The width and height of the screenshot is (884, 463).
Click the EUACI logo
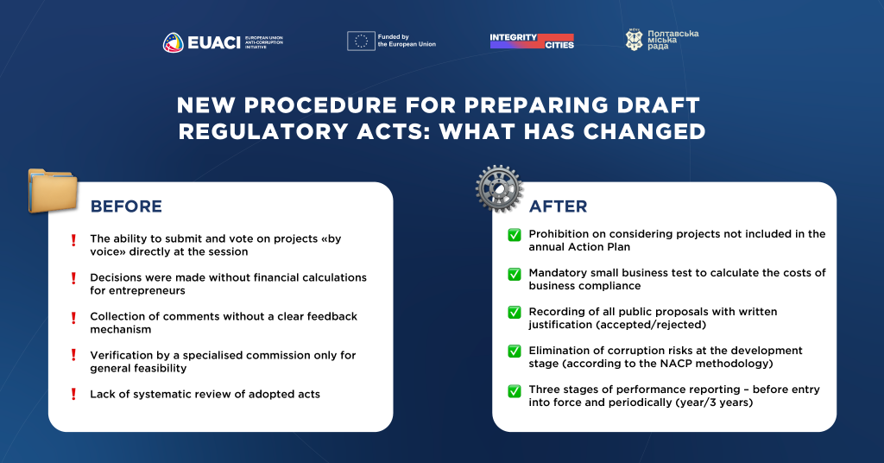click(x=224, y=42)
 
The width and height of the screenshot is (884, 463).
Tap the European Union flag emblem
click(x=361, y=41)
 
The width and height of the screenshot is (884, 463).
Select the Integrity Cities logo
click(x=532, y=41)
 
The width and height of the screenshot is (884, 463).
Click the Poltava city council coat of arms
click(x=635, y=40)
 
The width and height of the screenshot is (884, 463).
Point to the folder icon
click(x=53, y=191)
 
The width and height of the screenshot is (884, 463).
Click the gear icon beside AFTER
click(x=499, y=188)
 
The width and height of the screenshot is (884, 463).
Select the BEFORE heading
click(x=126, y=206)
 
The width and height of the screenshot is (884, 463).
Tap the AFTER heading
click(x=559, y=206)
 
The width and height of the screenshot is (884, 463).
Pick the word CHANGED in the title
click(x=644, y=132)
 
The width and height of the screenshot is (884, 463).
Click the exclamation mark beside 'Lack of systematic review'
click(x=73, y=394)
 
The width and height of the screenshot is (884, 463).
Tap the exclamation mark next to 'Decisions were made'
click(x=73, y=278)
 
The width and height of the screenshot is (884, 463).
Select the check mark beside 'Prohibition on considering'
click(x=515, y=235)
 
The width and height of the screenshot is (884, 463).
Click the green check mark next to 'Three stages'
click(x=515, y=390)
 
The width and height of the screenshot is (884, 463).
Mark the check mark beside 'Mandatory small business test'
click(x=515, y=274)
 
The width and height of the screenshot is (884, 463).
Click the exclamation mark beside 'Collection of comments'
click(x=73, y=318)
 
